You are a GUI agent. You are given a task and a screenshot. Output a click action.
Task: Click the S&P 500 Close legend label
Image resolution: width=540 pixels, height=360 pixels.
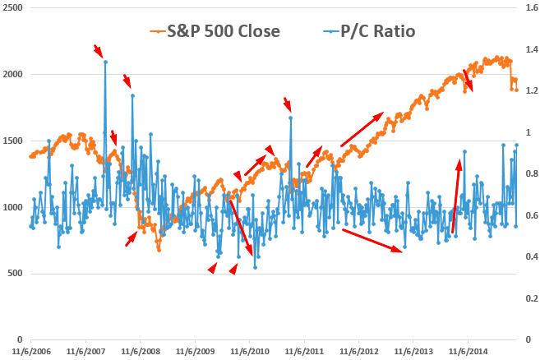pos(224,31)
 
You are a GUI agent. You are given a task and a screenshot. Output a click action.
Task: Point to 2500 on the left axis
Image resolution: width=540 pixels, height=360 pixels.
pos(13,7)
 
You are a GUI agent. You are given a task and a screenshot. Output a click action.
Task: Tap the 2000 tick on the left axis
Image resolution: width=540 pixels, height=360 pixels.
pos(13,74)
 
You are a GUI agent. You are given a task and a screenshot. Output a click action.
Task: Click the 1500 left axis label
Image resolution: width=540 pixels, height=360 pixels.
pos(13,141)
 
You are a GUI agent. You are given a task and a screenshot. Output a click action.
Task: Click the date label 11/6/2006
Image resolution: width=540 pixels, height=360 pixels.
pos(30,350)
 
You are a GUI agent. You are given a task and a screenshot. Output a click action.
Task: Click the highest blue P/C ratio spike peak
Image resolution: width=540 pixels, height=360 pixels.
pos(105,62)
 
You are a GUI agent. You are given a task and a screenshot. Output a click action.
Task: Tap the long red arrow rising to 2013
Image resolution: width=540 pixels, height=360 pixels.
pos(361,127)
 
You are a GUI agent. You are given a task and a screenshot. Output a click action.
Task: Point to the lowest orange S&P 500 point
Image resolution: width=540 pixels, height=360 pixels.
pos(158,249)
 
